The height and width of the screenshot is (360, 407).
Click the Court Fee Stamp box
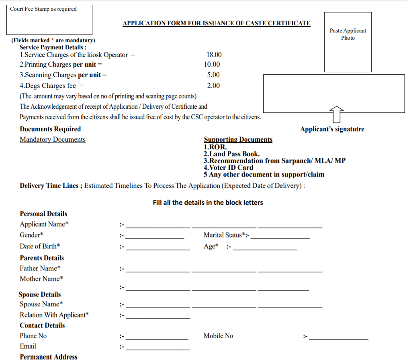click(49, 20)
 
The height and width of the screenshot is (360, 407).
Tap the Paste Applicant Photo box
click(348, 42)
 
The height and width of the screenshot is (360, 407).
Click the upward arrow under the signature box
click(336, 115)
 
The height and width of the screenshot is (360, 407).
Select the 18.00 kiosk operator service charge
click(214, 55)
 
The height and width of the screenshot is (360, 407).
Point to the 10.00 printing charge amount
click(212, 64)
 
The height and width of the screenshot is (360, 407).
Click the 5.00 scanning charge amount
click(213, 75)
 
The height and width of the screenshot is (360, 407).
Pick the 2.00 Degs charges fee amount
click(213, 85)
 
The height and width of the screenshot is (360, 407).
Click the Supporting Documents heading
click(238, 139)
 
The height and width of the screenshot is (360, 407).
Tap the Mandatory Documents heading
click(53, 139)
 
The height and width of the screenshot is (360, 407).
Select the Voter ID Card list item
click(228, 167)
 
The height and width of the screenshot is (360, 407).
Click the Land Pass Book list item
click(231, 154)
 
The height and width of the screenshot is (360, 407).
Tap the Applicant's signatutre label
click(332, 129)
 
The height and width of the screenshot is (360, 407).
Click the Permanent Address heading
click(49, 357)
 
